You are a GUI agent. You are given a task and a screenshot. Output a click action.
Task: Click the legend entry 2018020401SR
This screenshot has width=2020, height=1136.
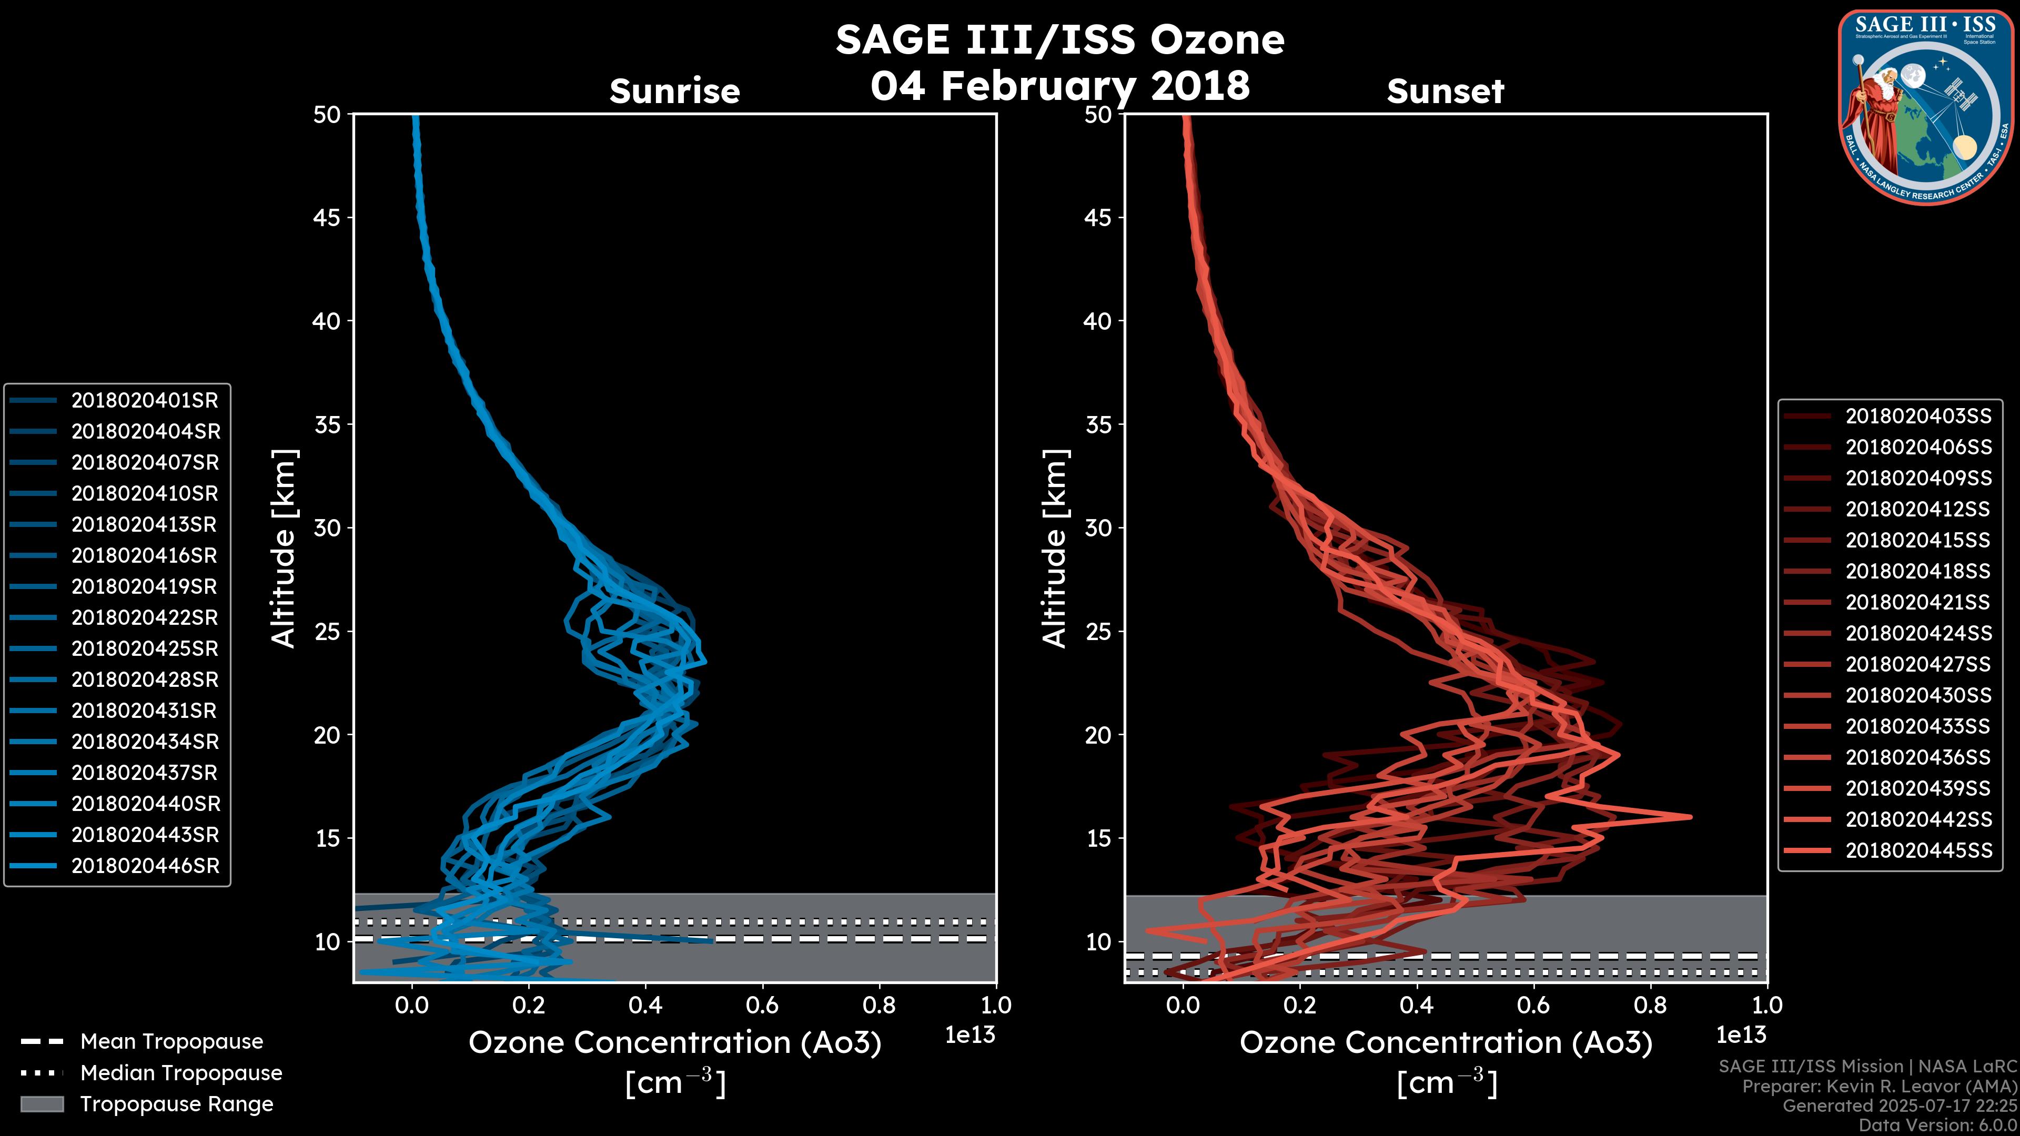(144, 401)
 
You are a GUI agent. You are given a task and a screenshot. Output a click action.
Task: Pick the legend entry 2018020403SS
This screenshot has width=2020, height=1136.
(1918, 417)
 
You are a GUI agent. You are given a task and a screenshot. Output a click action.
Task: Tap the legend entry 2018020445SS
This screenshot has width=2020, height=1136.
(1918, 850)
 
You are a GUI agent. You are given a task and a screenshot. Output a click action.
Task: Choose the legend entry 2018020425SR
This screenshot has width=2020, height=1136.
(144, 649)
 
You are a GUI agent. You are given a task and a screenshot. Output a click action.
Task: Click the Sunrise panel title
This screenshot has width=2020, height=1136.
(674, 92)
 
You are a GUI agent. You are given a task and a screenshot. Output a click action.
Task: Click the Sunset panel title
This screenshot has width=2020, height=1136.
(1445, 92)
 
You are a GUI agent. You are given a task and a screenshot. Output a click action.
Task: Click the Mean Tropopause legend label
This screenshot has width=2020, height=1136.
(171, 1042)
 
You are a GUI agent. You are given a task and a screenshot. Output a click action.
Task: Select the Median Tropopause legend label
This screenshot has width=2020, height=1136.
(181, 1073)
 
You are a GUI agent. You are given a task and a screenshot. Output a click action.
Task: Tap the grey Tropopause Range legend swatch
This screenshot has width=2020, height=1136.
(42, 1104)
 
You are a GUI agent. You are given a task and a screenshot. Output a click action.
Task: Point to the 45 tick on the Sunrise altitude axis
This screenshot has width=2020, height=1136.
(328, 218)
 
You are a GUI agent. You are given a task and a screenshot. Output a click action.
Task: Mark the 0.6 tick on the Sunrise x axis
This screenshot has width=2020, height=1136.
(762, 1005)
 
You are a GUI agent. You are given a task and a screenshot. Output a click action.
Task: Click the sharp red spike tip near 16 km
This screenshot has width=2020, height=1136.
(1690, 817)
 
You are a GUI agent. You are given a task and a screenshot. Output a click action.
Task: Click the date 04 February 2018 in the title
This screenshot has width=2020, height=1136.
(1059, 85)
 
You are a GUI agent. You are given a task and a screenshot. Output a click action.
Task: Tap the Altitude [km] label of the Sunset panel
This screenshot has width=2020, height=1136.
(1055, 549)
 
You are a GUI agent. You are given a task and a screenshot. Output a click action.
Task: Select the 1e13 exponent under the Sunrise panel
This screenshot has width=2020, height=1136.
(970, 1036)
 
